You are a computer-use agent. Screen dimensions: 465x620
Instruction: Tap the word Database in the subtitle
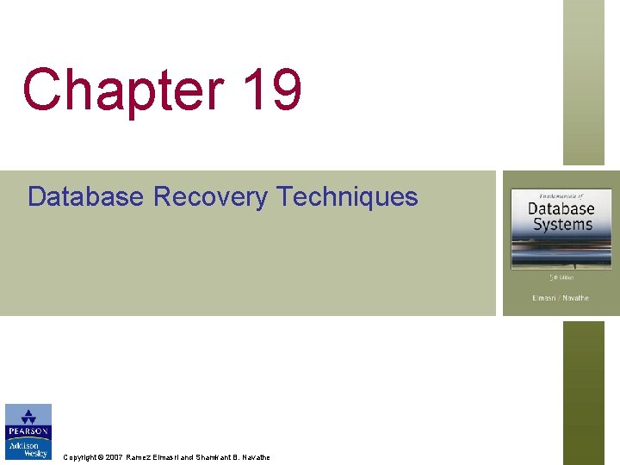click(85, 196)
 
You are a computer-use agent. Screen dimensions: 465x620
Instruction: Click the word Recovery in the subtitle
click(210, 197)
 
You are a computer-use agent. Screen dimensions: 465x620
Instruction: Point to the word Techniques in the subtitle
click(347, 197)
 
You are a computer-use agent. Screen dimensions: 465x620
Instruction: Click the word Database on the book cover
click(561, 208)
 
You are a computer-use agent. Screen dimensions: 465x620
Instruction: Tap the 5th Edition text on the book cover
click(561, 277)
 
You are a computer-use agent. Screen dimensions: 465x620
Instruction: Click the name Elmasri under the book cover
click(544, 298)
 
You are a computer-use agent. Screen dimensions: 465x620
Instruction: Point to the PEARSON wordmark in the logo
click(28, 431)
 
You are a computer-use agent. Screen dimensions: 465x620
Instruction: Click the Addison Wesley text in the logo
click(28, 450)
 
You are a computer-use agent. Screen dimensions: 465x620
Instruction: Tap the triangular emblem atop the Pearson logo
click(28, 415)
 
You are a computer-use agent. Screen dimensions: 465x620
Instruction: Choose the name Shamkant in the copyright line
click(214, 457)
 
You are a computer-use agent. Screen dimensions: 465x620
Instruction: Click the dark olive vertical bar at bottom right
click(584, 393)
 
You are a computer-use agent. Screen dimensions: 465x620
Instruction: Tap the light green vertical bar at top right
click(584, 82)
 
